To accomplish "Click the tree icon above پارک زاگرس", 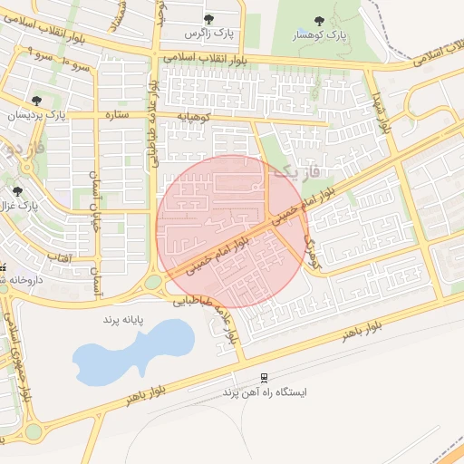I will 209,18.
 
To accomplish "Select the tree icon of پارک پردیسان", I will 35,101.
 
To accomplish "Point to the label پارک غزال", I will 20,206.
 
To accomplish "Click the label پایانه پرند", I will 124,321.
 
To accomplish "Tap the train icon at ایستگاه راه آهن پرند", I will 264,378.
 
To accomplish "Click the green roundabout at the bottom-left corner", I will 34,431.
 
